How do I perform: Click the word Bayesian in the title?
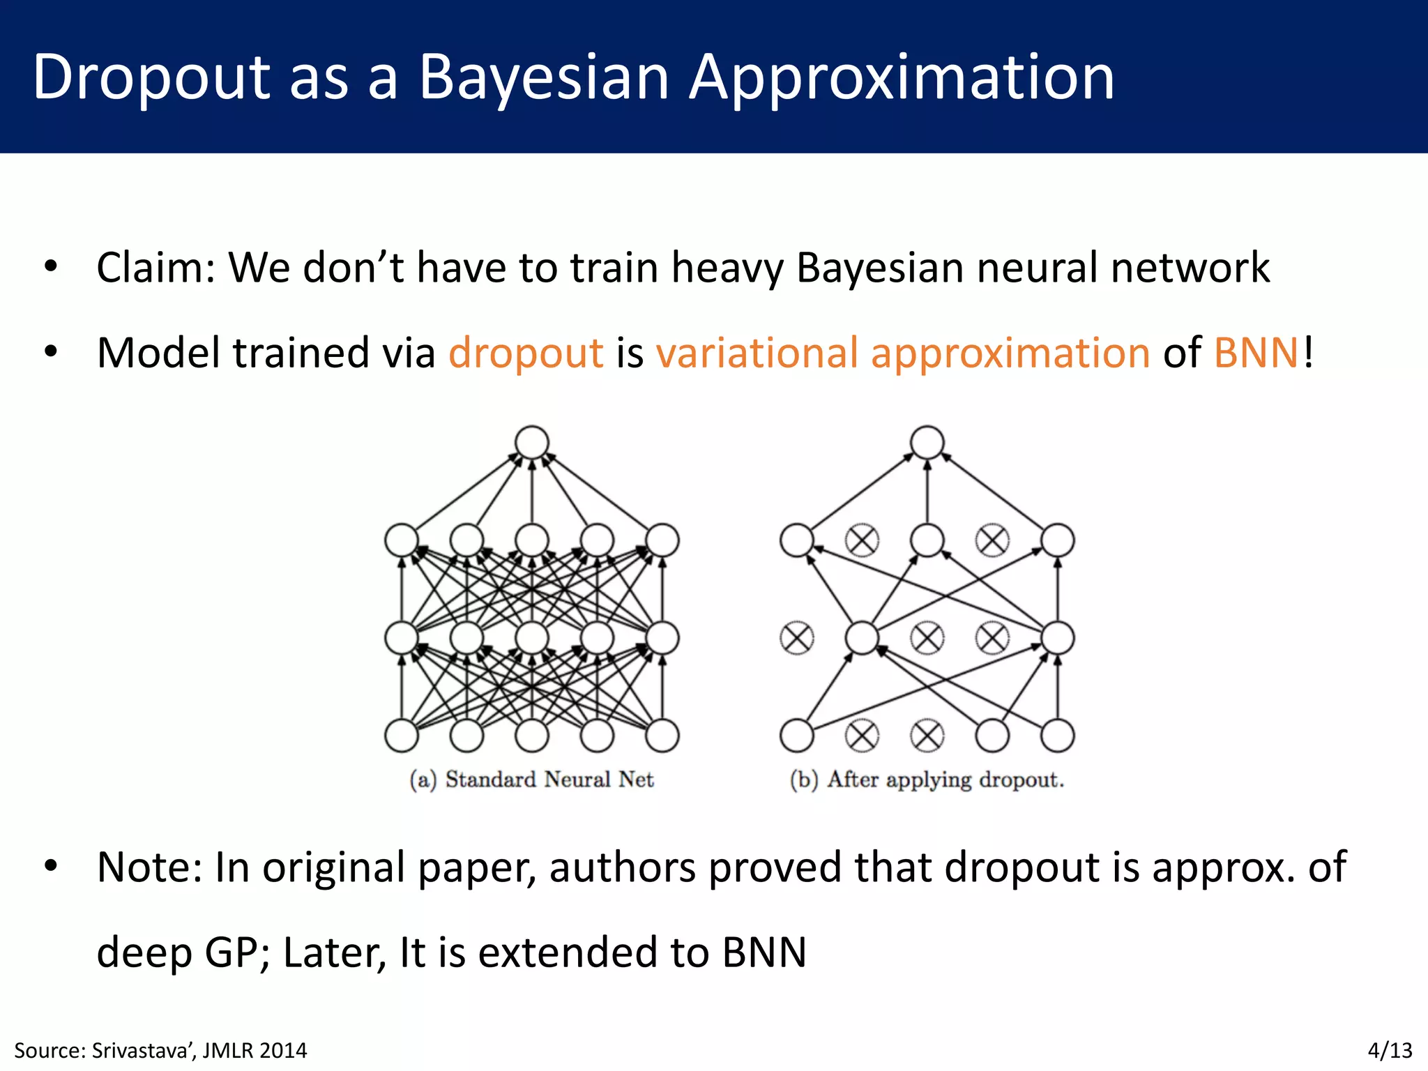click(x=544, y=78)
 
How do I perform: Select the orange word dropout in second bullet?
click(x=526, y=353)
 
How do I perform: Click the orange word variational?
click(x=757, y=353)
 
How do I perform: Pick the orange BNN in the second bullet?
click(x=1256, y=353)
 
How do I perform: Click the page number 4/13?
click(x=1390, y=1050)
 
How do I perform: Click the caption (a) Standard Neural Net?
click(x=531, y=780)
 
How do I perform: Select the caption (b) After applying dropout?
click(x=927, y=780)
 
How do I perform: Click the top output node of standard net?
click(x=532, y=443)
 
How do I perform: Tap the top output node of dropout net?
click(x=927, y=443)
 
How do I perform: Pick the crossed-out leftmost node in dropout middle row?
click(x=797, y=638)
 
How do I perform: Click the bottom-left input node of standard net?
click(x=402, y=736)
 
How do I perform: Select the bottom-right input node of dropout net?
click(x=1058, y=736)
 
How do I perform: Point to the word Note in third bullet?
click(x=143, y=868)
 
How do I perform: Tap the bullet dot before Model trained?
click(x=50, y=352)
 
